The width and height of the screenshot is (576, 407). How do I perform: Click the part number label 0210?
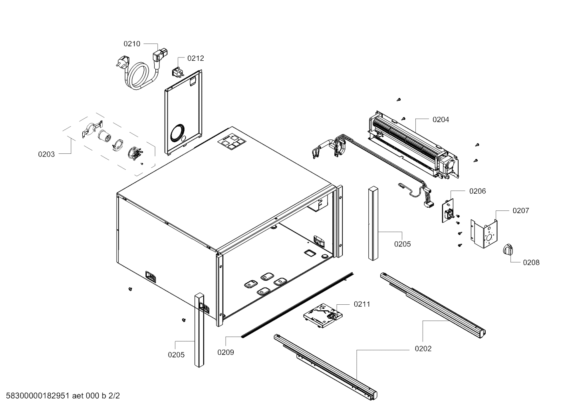132,44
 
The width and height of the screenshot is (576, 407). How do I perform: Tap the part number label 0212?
196,58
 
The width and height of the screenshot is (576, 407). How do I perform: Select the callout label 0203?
46,154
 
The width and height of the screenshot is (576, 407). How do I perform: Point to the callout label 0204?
441,119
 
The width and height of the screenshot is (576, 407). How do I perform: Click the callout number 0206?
477,191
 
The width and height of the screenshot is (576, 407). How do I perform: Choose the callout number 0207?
521,210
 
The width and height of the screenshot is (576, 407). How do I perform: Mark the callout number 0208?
531,262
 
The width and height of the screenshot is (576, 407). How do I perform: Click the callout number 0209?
226,352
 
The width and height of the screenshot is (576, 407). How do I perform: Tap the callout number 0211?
362,304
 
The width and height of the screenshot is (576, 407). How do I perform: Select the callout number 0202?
423,349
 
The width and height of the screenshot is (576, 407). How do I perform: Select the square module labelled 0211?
322,315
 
